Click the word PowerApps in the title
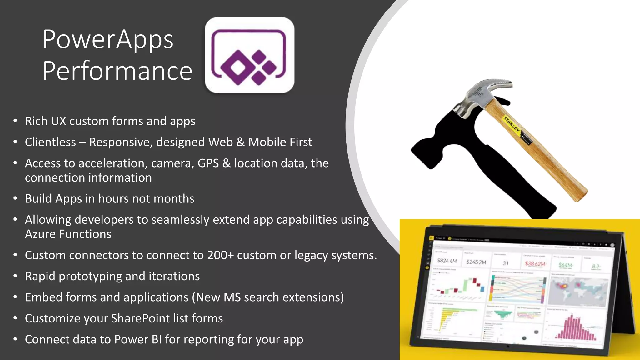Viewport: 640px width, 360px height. click(108, 40)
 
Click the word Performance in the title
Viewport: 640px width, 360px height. click(117, 71)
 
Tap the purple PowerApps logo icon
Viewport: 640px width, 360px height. click(249, 56)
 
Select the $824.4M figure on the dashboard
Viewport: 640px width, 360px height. click(447, 261)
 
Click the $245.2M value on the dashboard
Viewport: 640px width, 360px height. click(476, 262)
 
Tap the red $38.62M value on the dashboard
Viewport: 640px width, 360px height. click(535, 264)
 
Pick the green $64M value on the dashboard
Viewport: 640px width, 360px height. click(565, 265)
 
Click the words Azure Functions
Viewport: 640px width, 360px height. click(68, 234)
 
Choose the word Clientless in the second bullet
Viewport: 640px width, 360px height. click(50, 142)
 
